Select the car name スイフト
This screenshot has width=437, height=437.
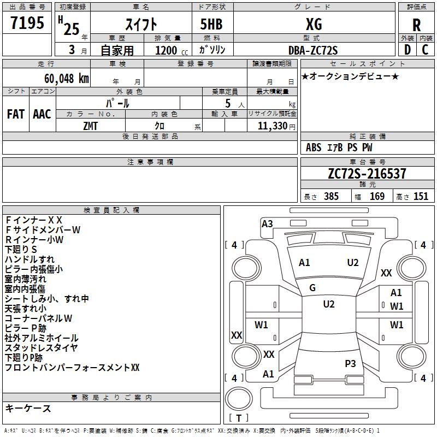pos(141,25)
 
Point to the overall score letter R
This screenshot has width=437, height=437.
pos(416,25)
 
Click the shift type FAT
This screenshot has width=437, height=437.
pos(16,114)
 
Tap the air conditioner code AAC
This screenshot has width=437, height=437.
pos(42,114)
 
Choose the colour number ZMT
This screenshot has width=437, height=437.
pos(91,125)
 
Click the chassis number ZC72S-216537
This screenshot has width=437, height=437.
pos(367,174)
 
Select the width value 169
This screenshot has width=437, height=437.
pos(377,197)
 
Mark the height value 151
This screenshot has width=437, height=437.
pos(420,197)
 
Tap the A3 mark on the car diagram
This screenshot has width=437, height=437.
pos(267,224)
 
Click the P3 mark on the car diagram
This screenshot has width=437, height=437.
pos(350,363)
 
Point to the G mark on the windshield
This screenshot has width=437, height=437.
pos(312,288)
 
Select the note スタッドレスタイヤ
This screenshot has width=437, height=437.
pos(41,348)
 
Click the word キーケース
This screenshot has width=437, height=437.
pos(28,408)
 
